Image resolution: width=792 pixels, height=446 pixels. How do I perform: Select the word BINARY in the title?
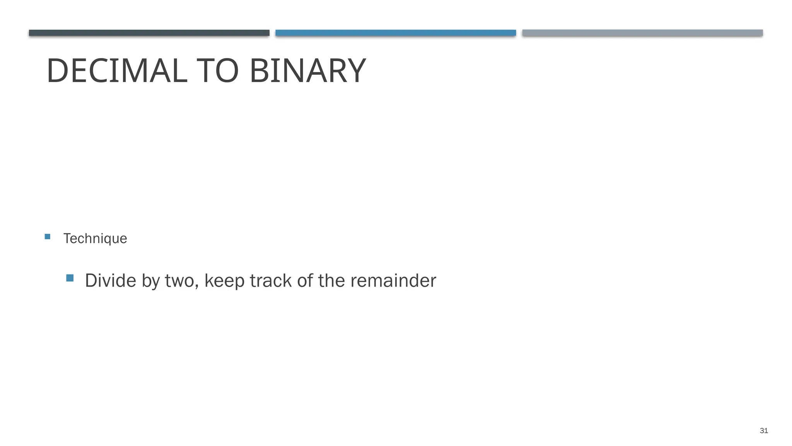[x=307, y=71]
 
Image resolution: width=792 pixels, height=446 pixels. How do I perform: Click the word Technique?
[x=95, y=238]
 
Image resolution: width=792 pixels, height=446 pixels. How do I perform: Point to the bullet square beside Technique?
[x=48, y=237]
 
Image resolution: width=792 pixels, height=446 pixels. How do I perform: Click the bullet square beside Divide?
[x=70, y=278]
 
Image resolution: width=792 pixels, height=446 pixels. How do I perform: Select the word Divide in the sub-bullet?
[x=110, y=280]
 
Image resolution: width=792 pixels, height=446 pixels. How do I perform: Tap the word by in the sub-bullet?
[x=150, y=281]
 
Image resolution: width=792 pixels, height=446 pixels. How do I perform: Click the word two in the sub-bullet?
[x=179, y=281]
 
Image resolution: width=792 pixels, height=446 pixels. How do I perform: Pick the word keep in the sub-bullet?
[x=224, y=281]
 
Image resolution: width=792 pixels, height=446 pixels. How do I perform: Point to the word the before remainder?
[x=331, y=280]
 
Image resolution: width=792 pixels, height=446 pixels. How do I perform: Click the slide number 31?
[x=764, y=431]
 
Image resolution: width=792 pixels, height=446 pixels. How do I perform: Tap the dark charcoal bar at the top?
[x=149, y=33]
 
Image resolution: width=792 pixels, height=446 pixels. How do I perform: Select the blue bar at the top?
[x=396, y=33]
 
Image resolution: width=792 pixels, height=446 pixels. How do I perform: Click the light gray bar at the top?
[x=642, y=33]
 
